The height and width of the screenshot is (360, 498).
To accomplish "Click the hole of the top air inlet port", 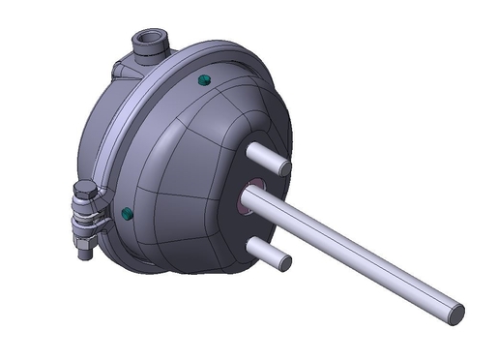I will tap(149, 41).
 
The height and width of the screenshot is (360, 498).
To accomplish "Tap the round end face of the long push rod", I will tap(454, 312).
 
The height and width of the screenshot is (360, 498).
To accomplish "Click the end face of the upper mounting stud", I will tap(283, 167).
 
